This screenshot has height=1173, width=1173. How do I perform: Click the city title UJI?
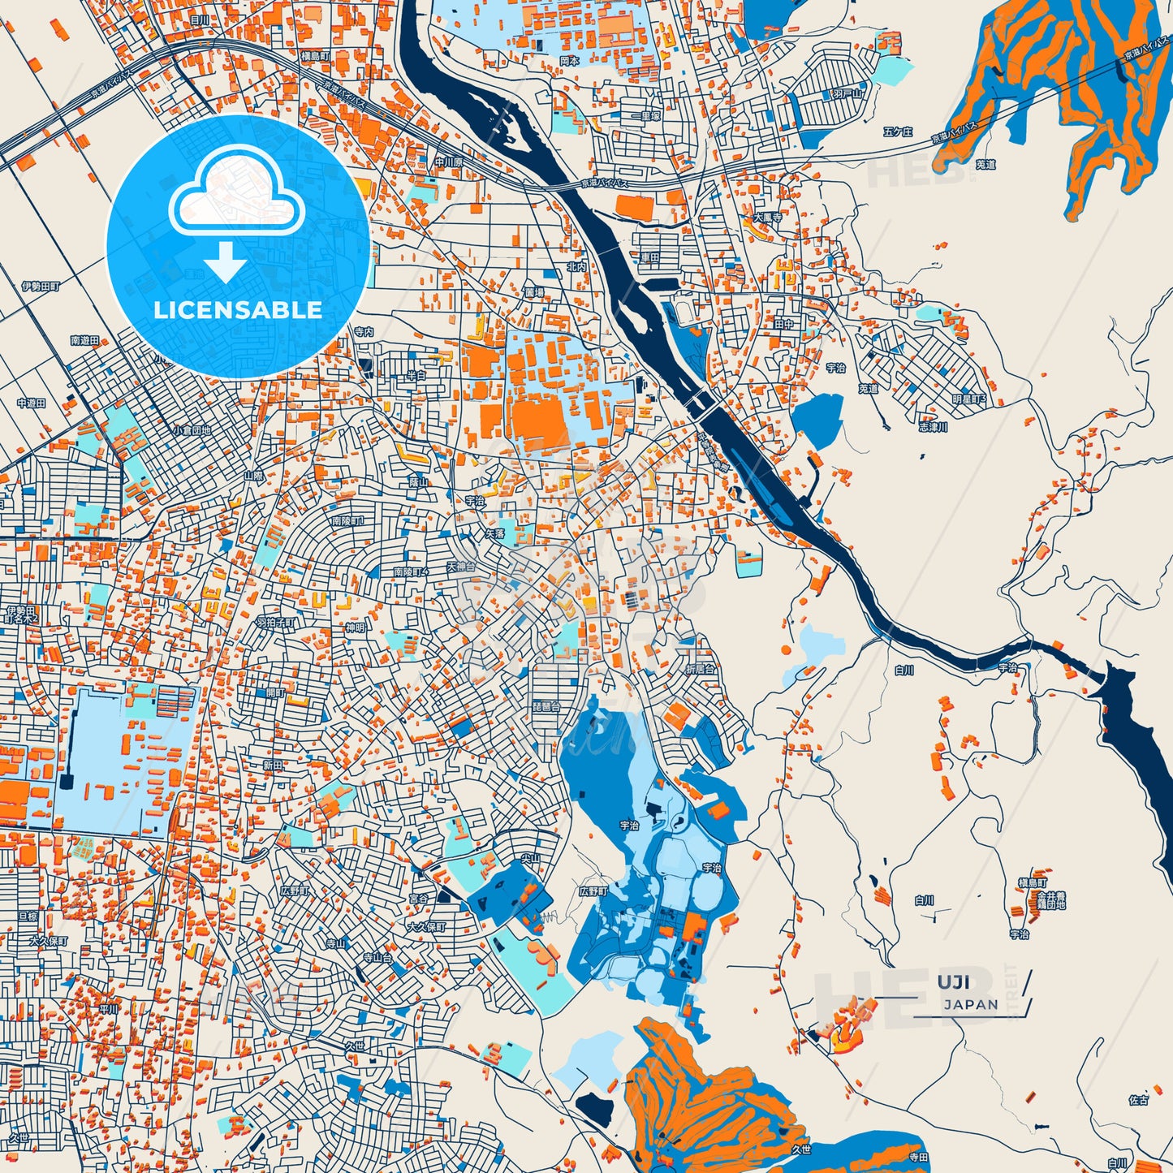953,982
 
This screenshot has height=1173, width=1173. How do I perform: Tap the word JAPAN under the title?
971,1004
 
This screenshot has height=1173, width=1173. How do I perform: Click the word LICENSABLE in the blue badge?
238,309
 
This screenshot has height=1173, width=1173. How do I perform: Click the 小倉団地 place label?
192,430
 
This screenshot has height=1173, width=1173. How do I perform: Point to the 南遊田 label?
84,341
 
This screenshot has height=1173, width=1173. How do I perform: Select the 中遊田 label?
32,403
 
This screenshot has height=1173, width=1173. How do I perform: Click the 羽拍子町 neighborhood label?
276,623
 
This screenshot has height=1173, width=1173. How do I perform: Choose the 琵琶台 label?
546,707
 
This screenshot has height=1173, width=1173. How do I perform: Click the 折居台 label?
701,670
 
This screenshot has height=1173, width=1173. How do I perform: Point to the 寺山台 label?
377,958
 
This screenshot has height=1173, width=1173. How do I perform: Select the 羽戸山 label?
846,94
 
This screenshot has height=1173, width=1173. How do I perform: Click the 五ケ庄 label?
898,132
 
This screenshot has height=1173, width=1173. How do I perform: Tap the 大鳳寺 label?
767,218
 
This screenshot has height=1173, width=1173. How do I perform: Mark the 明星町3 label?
968,400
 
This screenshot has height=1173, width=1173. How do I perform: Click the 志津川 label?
933,427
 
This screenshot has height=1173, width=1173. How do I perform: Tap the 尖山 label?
530,858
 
